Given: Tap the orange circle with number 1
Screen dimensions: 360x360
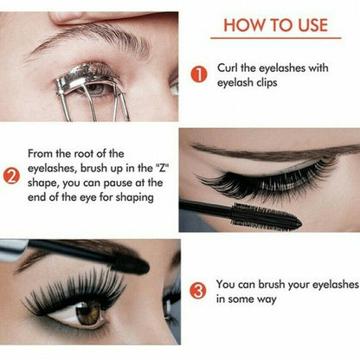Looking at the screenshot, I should coord(198,74).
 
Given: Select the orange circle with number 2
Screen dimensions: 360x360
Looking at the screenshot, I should coord(12,180).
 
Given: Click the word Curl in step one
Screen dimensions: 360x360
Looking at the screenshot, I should coord(228,68).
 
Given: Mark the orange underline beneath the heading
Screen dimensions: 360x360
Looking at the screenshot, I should coord(275,39).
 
